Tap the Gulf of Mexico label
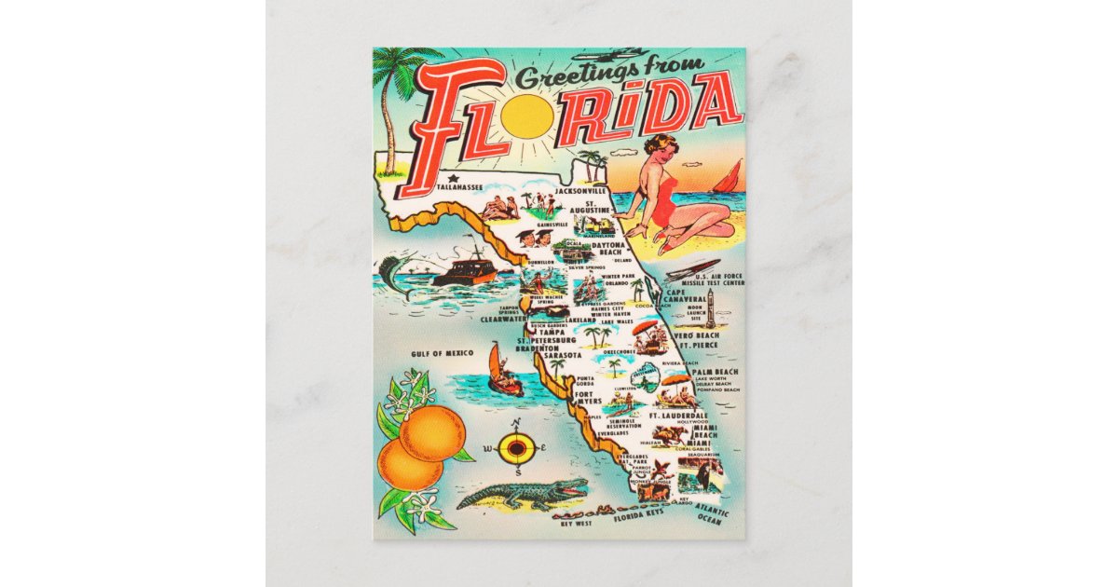click(442, 353)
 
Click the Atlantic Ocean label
click(711, 515)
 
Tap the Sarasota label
click(563, 355)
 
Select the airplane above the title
click(606, 55)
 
